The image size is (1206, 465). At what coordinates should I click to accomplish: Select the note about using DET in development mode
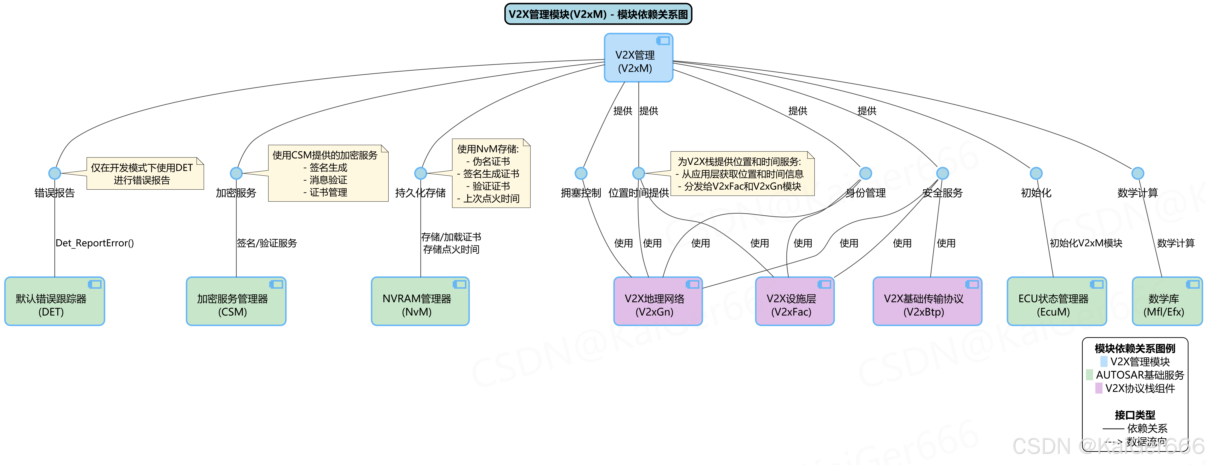tap(145, 173)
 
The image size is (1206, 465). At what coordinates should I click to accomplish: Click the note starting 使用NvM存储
tap(491, 173)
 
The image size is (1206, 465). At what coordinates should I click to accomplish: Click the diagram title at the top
tap(598, 14)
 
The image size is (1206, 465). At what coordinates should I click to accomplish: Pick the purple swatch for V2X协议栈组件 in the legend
tap(1098, 388)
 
